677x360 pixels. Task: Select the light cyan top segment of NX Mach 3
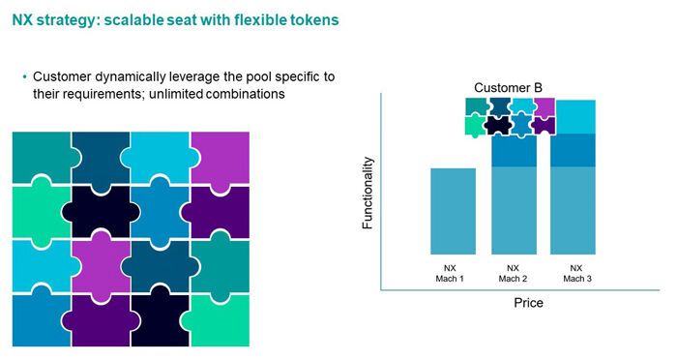[x=575, y=117]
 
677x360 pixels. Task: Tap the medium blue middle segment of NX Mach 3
[x=575, y=150]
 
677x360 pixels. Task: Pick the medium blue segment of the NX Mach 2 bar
[x=514, y=151]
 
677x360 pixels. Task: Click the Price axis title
[x=527, y=303]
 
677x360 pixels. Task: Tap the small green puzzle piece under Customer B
[x=474, y=125]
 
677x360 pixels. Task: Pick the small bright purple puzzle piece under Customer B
[x=545, y=106]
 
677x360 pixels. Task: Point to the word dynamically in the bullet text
[x=126, y=75]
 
